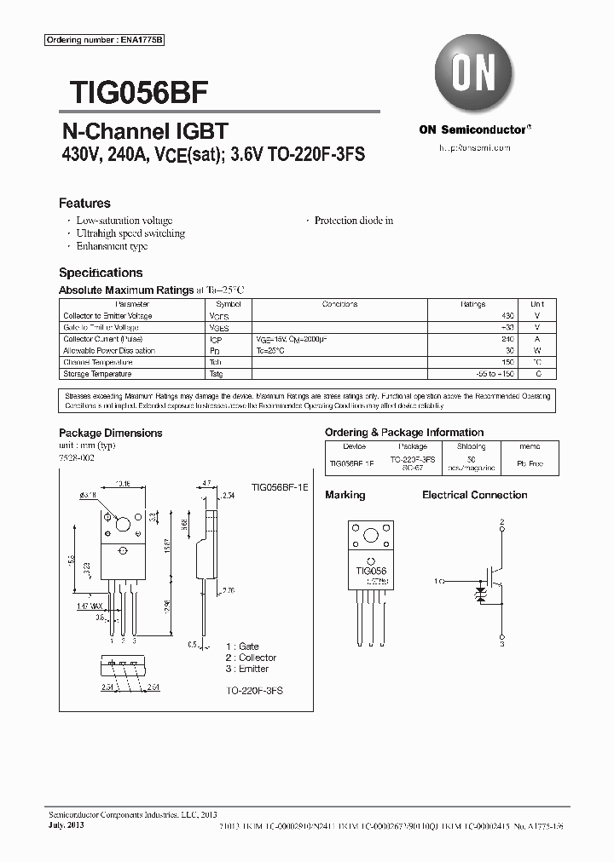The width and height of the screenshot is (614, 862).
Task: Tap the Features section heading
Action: point(84,204)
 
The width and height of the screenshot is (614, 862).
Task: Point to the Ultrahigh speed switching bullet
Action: point(130,233)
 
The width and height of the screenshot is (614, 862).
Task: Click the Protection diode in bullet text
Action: point(354,221)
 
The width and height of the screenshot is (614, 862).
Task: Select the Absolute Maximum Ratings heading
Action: point(126,290)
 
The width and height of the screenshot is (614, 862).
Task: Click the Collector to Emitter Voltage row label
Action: point(107,316)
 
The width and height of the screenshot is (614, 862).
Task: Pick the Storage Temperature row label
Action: point(97,374)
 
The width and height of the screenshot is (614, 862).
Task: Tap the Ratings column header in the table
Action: point(473,304)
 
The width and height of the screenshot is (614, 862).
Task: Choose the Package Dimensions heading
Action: point(110,433)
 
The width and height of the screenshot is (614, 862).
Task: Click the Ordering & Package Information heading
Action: point(404,433)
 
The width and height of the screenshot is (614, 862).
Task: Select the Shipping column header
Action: point(471,446)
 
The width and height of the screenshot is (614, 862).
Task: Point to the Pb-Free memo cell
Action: point(536,464)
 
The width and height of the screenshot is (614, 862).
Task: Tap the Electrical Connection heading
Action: point(475,495)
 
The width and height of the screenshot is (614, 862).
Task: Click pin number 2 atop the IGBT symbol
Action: point(502,521)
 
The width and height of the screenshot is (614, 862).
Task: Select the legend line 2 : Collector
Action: point(252,658)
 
